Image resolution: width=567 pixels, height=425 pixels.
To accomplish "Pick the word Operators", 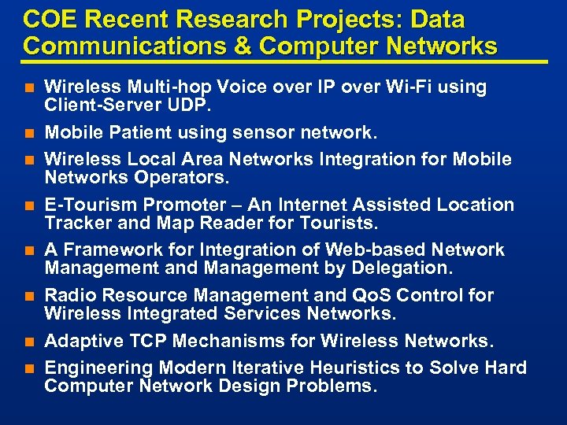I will click(172, 177).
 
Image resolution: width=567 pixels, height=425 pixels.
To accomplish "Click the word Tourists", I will click(339, 223).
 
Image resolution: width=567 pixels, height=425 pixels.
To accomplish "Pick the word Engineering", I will click(99, 368).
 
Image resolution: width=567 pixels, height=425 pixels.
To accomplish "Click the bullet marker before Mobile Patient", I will click(29, 132).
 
